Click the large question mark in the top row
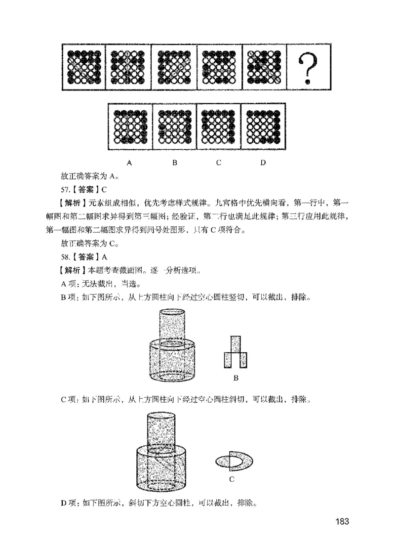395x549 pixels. (308, 68)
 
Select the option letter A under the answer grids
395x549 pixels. (129, 162)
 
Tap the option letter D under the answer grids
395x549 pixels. (263, 162)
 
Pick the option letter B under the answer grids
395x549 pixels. (174, 162)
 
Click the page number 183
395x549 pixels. (342, 522)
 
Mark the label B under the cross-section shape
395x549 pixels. (236, 379)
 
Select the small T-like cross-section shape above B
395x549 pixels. (235, 352)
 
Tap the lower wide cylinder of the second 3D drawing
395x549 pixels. (162, 467)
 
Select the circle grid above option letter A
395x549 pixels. (130, 126)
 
